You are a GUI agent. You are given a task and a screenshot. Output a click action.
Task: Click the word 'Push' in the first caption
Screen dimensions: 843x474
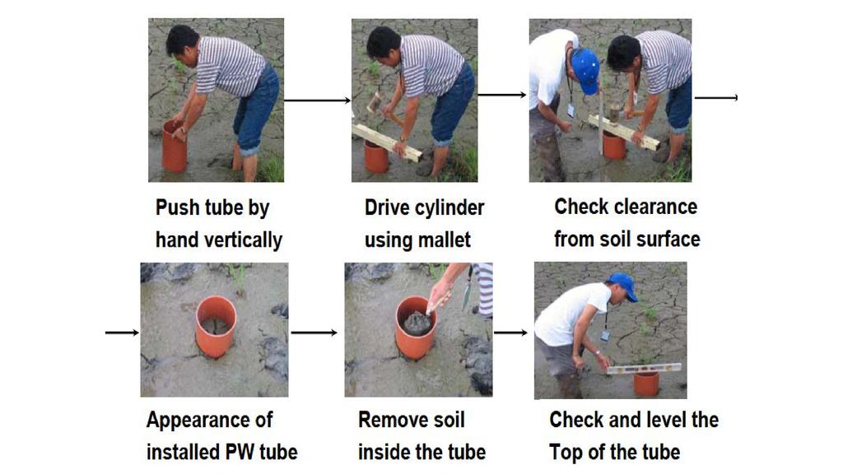coord(176,208)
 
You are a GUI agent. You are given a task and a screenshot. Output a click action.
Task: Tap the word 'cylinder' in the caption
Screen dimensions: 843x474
coord(450,208)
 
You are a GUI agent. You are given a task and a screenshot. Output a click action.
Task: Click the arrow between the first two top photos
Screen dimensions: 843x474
coord(317,100)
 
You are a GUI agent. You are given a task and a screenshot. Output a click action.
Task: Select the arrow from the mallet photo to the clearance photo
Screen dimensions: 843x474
coord(502,95)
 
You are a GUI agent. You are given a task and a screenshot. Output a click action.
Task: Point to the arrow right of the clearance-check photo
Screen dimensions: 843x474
coord(716,98)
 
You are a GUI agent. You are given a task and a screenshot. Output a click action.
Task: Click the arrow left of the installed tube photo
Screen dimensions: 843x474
coord(122,332)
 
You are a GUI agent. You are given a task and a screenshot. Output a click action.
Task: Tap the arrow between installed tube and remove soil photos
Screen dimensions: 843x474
coord(314,332)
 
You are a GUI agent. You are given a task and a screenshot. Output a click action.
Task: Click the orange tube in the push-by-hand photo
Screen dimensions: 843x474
coord(175,146)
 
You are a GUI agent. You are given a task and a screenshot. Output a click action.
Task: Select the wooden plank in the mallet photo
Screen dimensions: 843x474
coord(387,142)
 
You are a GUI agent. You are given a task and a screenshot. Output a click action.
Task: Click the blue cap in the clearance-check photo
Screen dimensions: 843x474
coord(585,70)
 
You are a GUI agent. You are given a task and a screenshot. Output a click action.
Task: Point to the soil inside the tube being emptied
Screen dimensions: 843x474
coord(417,323)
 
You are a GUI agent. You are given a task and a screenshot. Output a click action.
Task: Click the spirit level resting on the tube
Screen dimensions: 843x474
coord(644,369)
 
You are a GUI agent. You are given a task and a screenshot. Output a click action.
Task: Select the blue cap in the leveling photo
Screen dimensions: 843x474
coord(624,285)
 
